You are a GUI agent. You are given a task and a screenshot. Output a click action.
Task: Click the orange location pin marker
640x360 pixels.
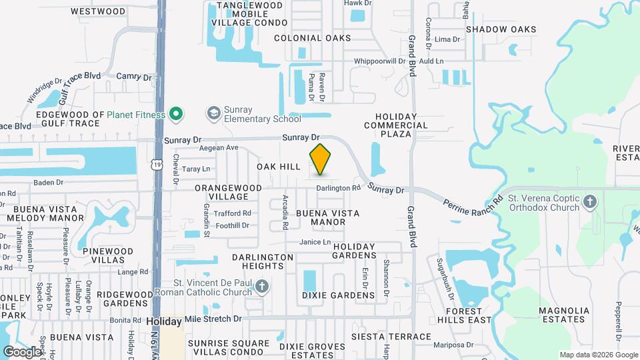pyautogui.click(x=320, y=159)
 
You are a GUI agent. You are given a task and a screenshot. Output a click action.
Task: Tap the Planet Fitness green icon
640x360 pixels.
pyautogui.click(x=176, y=115)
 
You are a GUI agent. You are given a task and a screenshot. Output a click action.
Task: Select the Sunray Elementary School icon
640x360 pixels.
pyautogui.click(x=214, y=111)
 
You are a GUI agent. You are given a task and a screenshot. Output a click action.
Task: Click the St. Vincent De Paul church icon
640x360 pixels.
pyautogui.click(x=262, y=287)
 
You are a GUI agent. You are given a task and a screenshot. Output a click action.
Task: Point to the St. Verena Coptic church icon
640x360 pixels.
pyautogui.click(x=590, y=202)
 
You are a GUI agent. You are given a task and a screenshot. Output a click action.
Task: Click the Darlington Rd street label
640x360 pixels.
pyautogui.click(x=338, y=188)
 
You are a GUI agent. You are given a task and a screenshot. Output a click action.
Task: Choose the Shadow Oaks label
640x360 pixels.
pyautogui.click(x=501, y=29)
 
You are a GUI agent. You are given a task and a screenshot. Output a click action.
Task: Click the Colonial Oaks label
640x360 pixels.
pyautogui.click(x=312, y=38)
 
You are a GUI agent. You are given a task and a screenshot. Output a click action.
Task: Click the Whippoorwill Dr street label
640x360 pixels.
pyautogui.click(x=379, y=61)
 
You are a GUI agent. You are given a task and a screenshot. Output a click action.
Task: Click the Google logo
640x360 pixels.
pyautogui.click(x=22, y=351)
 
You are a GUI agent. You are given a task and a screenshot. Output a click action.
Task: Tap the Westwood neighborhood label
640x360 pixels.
pyautogui.click(x=97, y=11)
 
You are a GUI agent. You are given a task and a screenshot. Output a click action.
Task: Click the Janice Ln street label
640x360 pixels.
pyautogui.click(x=315, y=242)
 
